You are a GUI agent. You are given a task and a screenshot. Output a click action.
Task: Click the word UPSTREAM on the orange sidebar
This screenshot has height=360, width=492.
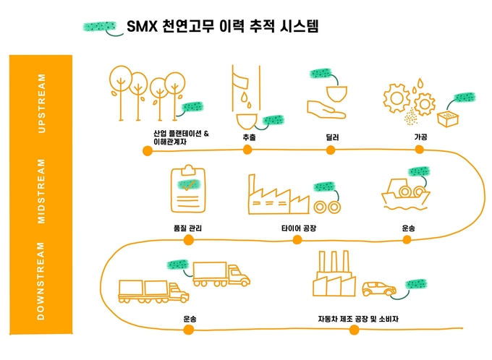tap(41, 102)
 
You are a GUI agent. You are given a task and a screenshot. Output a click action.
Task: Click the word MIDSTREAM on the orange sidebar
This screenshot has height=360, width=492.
tap(41, 192)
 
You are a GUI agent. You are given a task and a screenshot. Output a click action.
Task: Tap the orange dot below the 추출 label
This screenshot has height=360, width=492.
tap(247, 150)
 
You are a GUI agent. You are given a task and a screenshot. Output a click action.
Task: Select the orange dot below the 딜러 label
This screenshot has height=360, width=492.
tap(332, 150)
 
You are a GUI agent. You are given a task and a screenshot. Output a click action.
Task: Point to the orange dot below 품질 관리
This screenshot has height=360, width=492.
tap(189, 240)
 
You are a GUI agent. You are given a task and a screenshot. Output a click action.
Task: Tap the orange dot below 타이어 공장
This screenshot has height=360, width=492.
tap(297, 240)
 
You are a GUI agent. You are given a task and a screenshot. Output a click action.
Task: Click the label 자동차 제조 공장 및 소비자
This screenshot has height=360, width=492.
tap(358, 318)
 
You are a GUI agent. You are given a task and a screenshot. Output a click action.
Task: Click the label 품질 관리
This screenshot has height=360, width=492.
tap(188, 228)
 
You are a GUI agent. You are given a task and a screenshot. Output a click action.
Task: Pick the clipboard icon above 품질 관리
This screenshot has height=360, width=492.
tap(187, 189)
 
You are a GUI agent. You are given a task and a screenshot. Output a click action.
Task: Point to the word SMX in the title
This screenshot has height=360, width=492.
tap(142, 27)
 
